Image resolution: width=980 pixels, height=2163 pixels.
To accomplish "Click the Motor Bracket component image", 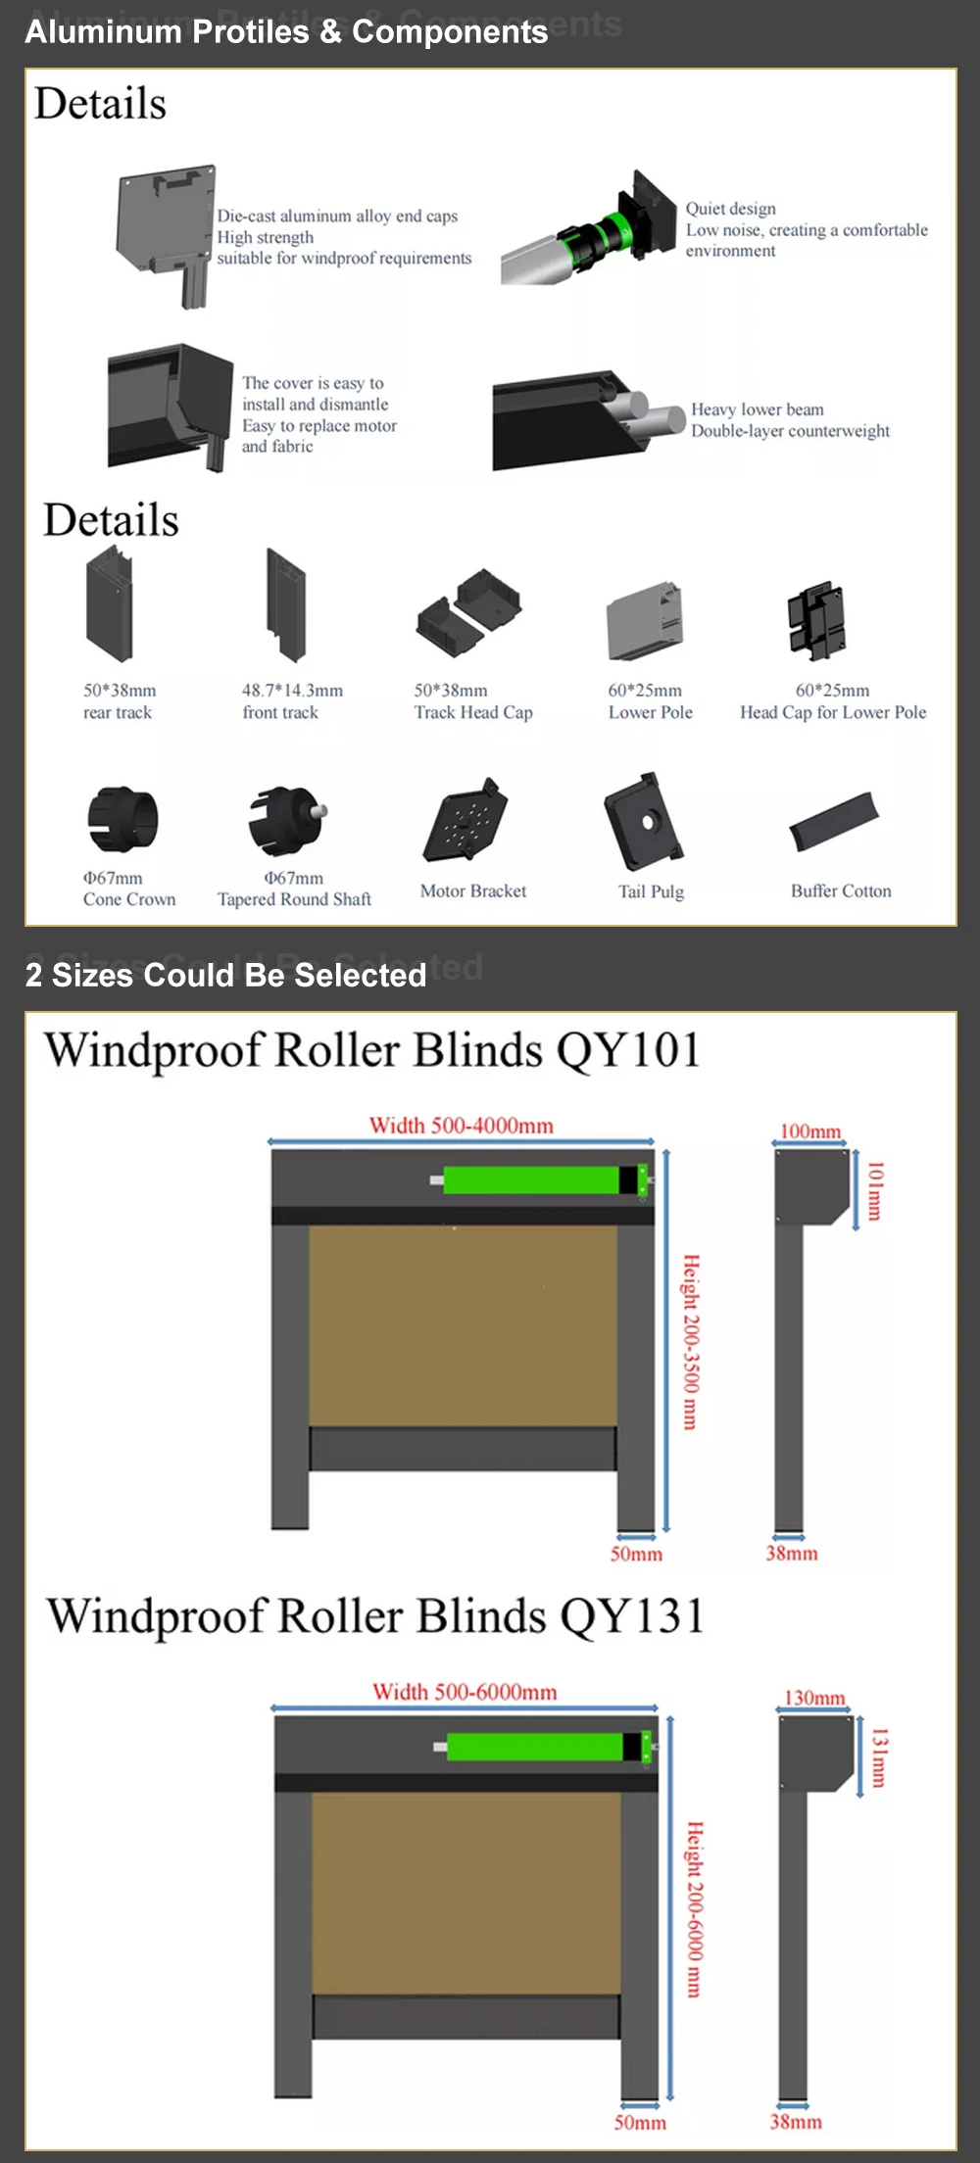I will point(465,821).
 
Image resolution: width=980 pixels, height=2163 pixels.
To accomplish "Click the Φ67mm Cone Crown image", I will point(122,819).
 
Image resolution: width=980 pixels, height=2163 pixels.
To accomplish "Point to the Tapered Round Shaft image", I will point(286,819).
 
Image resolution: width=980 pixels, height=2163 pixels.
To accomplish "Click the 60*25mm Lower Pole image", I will point(644,620).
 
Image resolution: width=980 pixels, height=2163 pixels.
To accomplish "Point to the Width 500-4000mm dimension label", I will point(461,1126).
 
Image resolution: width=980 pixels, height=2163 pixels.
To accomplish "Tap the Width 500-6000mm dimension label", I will point(465,1692).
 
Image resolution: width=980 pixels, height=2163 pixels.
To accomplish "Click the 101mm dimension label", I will point(875,1190).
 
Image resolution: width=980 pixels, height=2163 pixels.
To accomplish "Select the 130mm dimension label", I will point(814,1698).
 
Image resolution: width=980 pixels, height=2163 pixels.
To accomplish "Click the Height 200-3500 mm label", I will point(691,1341).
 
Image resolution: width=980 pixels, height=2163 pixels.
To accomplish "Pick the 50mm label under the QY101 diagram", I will point(636,1554).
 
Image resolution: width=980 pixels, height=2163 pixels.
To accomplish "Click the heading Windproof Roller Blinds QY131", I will point(375,1616).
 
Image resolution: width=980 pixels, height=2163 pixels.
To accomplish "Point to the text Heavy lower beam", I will point(758,409).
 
